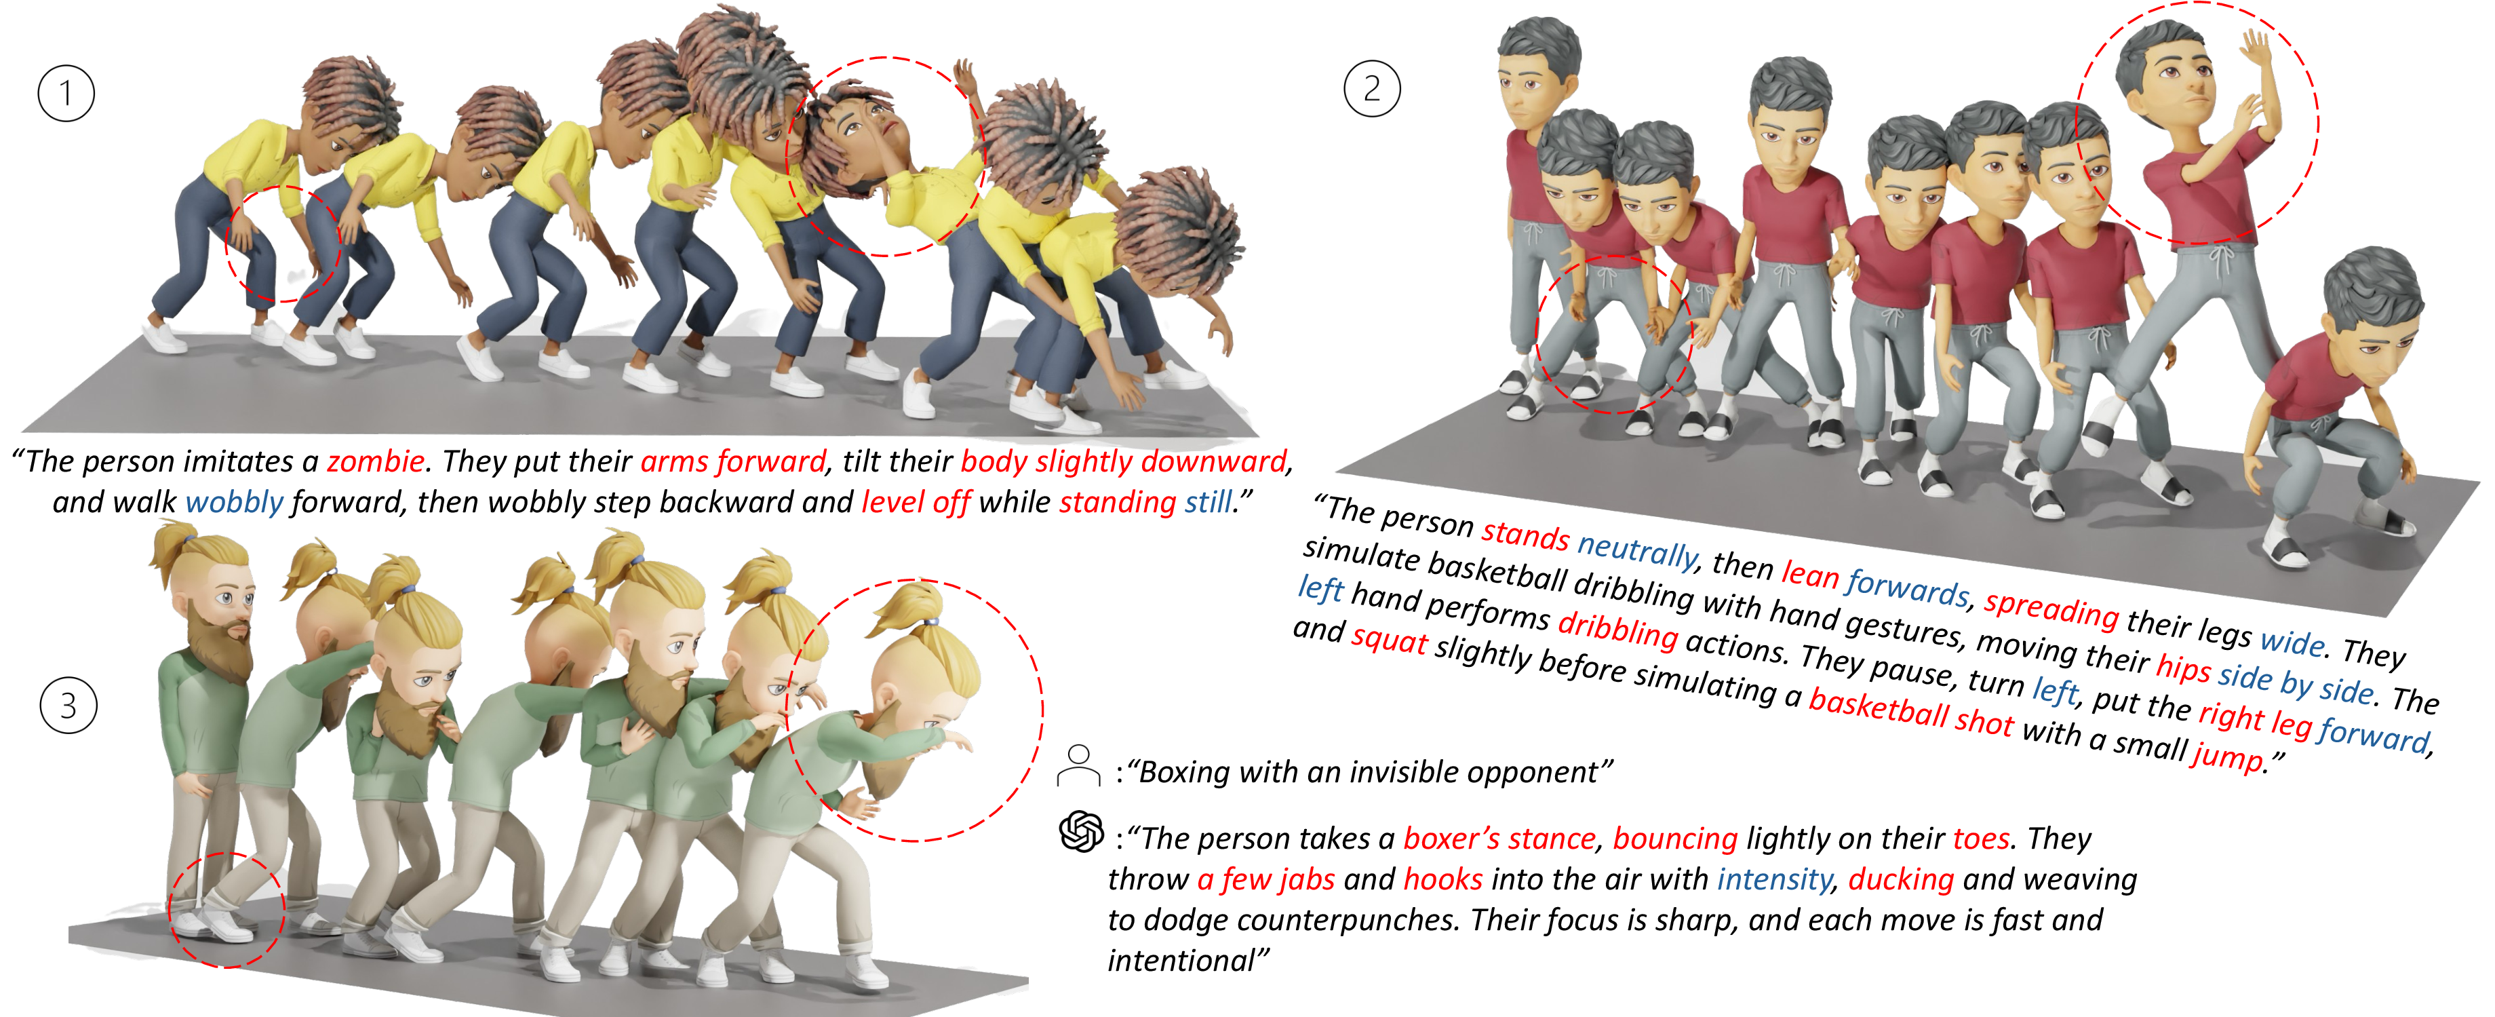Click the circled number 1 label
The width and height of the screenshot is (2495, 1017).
pos(66,94)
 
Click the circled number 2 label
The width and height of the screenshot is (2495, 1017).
pos(1371,89)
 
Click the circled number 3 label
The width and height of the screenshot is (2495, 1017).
pos(68,705)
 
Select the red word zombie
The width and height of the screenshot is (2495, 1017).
pos(375,461)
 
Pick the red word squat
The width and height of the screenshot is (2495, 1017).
pos(1389,639)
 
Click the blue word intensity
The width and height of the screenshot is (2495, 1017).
pos(1773,879)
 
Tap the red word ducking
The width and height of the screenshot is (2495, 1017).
pos(1900,879)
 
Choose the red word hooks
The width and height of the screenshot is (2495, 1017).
pos(1442,879)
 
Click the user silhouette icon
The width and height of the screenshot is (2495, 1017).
pos(1078,765)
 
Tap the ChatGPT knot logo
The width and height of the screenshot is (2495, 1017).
pos(1081,832)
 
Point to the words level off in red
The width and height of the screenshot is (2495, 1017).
pos(916,503)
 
